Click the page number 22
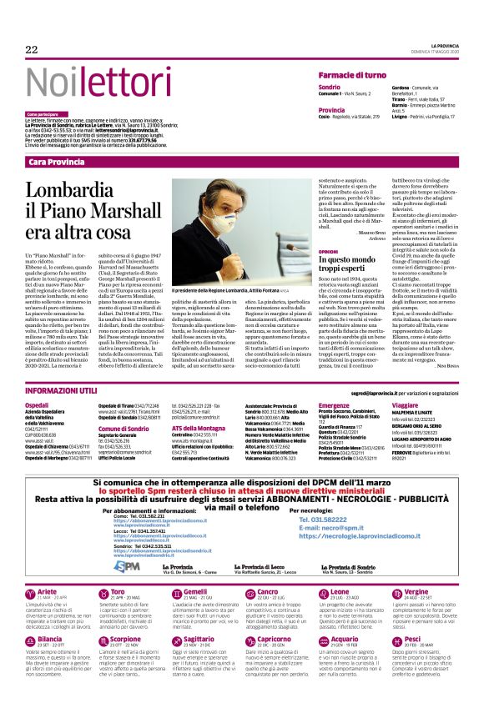pyautogui.click(x=32, y=50)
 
